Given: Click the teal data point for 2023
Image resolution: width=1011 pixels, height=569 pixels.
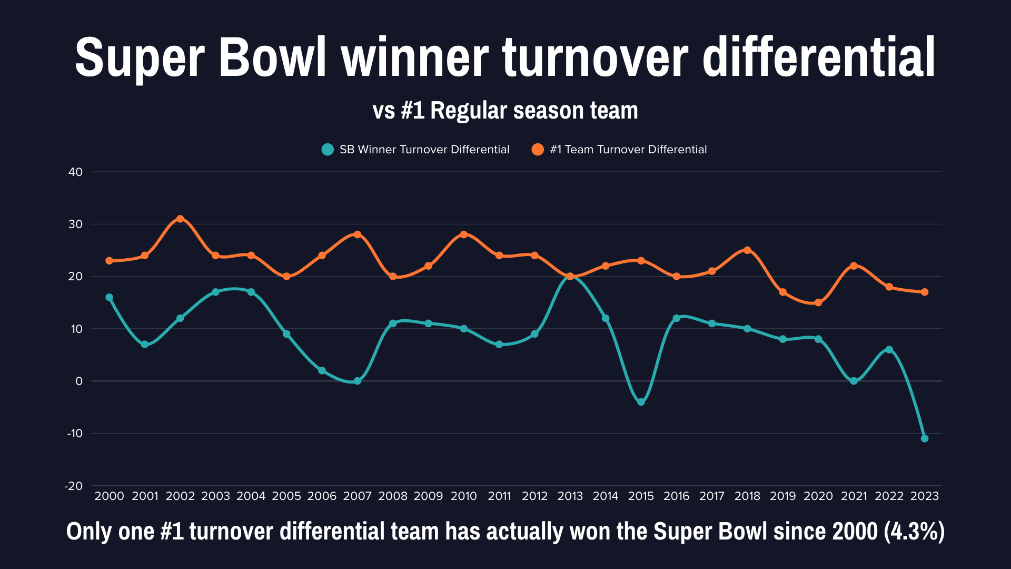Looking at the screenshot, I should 925,438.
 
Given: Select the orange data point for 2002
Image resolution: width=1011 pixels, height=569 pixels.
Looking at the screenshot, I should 180,219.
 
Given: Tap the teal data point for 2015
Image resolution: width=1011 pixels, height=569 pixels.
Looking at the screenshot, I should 641,402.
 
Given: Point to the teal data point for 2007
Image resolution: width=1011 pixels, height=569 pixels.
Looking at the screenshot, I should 358,381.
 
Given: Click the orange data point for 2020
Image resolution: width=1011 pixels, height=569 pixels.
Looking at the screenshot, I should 818,302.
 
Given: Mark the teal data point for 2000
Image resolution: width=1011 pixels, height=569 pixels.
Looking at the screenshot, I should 110,297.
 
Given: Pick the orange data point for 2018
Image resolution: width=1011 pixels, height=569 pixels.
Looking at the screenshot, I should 747,250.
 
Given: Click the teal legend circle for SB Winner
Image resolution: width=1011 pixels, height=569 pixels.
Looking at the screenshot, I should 328,150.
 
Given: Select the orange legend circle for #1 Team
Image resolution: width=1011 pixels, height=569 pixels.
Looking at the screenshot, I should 538,150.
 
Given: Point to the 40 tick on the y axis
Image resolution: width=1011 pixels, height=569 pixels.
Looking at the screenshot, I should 76,172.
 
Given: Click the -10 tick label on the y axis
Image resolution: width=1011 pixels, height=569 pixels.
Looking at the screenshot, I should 75,433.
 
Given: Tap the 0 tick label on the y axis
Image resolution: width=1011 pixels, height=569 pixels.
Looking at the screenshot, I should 79,381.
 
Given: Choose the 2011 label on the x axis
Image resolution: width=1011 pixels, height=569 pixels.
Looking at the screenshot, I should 499,496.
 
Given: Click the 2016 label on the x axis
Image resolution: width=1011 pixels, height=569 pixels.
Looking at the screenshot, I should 676,496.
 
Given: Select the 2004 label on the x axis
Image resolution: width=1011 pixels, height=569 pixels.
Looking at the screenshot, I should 251,496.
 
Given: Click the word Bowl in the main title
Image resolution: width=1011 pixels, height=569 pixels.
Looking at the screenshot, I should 272,57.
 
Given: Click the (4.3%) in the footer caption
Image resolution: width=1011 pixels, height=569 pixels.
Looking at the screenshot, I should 914,531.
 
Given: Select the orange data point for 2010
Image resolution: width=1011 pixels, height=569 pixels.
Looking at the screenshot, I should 464,234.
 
